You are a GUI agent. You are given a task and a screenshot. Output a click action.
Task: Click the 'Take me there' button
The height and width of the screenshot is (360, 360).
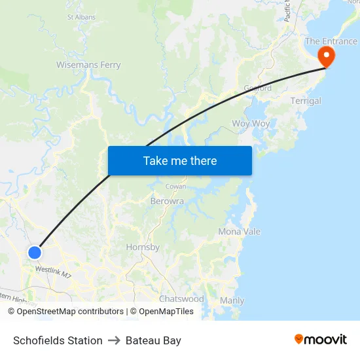pos(179,160)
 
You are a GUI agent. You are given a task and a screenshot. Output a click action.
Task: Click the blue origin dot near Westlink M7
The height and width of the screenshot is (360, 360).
pos(35,252)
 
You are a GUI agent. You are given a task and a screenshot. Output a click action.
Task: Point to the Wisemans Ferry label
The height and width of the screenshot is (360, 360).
pos(88,65)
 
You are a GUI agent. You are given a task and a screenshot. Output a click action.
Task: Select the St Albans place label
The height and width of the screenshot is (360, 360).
pos(81,17)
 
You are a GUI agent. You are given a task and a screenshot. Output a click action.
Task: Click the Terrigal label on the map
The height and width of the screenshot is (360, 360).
pos(306,101)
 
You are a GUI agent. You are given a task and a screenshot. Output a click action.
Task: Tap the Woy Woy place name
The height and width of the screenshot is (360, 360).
pos(251,124)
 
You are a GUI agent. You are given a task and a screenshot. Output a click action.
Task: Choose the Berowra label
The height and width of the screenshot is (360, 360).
pos(167,201)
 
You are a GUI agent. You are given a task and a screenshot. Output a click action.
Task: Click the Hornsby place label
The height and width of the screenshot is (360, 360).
pos(143,247)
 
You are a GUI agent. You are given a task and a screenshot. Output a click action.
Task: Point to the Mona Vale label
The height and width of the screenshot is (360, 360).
pos(239,232)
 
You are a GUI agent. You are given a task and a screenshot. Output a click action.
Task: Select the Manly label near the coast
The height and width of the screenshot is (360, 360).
pos(232,300)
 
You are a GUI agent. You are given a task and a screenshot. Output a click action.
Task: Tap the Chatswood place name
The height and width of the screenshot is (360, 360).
pos(181,298)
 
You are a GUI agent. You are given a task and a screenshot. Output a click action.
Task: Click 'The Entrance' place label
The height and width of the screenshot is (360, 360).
pos(331,41)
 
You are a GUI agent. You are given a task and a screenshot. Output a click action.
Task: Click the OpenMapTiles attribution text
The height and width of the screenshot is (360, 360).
pos(166,312)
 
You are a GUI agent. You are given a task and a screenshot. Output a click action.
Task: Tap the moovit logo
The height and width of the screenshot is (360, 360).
pos(321,340)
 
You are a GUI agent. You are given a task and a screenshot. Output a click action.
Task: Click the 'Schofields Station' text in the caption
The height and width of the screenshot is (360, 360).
pos(58,340)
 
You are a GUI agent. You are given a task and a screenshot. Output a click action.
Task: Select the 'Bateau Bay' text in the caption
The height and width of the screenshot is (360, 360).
pos(153,340)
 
